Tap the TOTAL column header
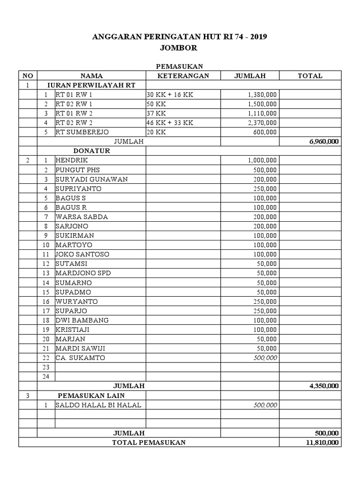[310, 76]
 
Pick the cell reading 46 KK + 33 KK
[169, 123]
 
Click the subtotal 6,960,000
[324, 142]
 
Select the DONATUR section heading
[91, 151]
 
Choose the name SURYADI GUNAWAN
[91, 179]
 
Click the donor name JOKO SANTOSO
[82, 254]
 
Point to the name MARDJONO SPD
[83, 273]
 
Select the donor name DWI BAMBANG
[82, 320]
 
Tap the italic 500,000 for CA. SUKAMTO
[266, 358]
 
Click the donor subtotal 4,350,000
[324, 386]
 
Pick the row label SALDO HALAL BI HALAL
[98, 405]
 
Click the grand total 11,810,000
[322, 442]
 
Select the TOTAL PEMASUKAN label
[149, 442]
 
